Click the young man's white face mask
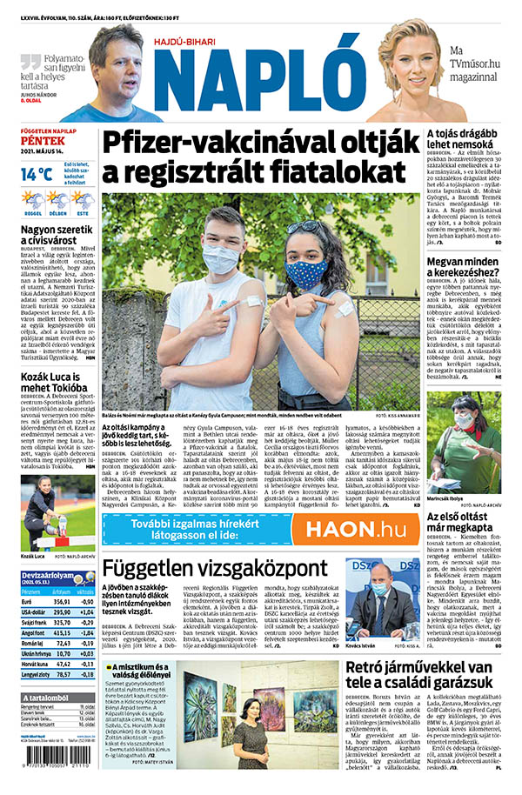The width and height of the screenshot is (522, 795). click(x=221, y=258)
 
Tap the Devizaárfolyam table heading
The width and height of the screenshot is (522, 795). click(x=48, y=575)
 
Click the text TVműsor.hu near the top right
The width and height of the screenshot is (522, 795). click(x=472, y=64)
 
